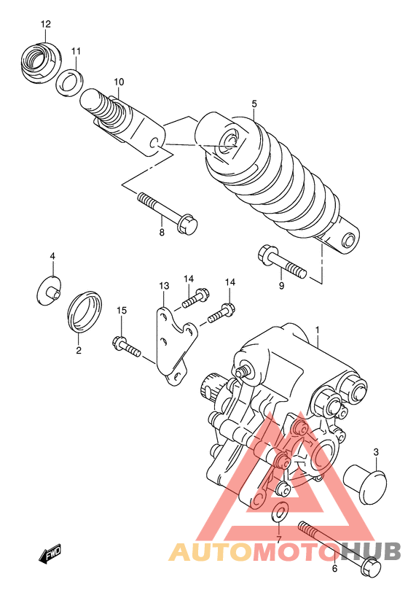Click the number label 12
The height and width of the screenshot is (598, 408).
click(x=45, y=24)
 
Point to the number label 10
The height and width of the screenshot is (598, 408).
click(x=119, y=81)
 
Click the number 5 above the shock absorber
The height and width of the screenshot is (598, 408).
click(x=254, y=104)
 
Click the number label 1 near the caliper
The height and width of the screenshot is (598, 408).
click(x=318, y=330)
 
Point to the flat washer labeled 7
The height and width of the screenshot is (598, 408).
click(x=279, y=512)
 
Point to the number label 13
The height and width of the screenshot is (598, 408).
click(x=164, y=285)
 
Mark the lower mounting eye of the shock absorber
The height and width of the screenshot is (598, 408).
click(x=348, y=241)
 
